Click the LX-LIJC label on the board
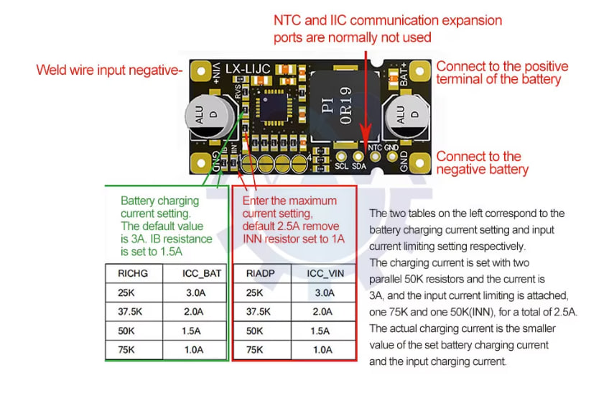coord(248,69)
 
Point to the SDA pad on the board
coord(360,156)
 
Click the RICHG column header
coord(130,274)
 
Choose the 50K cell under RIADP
coord(254,331)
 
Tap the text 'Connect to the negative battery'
coord(482,162)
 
